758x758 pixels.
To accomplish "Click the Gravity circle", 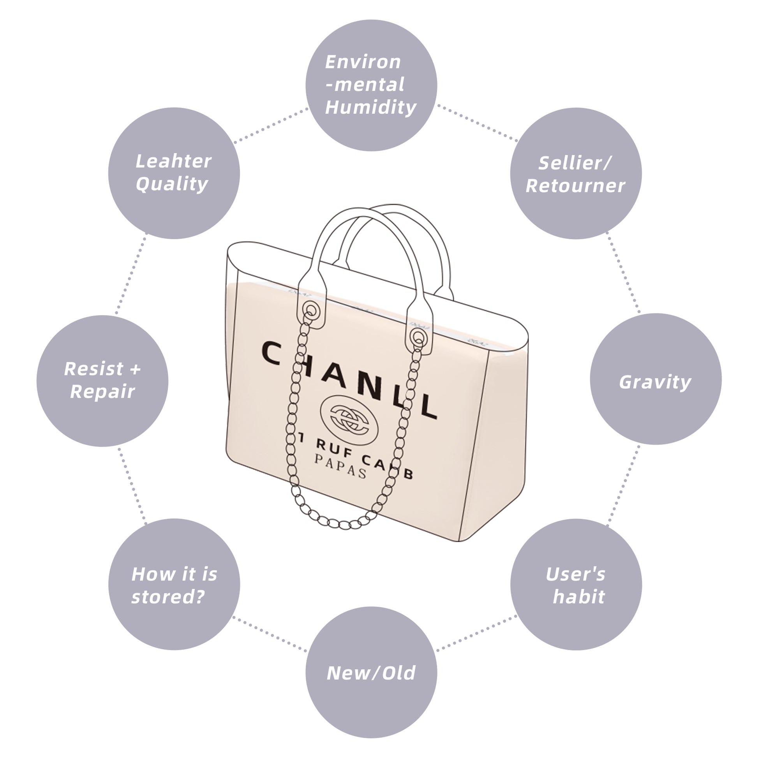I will pos(655,379).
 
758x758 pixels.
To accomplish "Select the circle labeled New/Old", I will pos(371,672).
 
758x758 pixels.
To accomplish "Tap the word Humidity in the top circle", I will pos(371,107).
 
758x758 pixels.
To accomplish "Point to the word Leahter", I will pos(173,161).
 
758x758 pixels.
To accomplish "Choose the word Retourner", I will pos(575,186).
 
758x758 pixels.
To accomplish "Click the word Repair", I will pos(102,391).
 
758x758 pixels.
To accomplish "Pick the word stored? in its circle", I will pos(168,597).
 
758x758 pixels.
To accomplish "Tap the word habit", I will pos(579,597).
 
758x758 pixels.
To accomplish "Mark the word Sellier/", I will pos(575,163).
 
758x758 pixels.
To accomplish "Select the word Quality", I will pos(172,184).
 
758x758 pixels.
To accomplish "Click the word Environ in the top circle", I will pos(363,62).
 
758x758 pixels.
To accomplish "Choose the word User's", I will pos(576,574).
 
